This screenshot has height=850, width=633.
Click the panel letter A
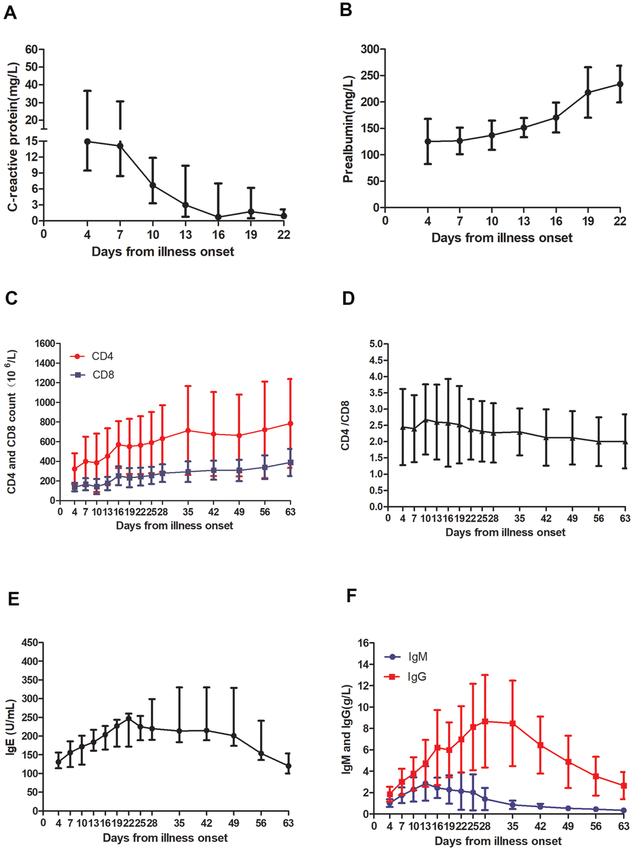point(10,12)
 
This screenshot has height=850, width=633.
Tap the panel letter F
point(351,596)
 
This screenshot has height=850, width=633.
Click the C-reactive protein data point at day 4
point(88,142)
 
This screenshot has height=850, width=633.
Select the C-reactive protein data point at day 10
point(153,186)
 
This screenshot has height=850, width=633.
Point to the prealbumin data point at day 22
point(619,84)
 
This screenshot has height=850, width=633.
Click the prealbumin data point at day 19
point(588,93)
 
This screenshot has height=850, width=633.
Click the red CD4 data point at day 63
point(290,423)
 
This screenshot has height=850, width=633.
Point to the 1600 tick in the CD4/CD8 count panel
point(45,343)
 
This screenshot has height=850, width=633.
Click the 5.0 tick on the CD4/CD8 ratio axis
point(375,344)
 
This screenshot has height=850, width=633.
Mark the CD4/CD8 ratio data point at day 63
point(625,441)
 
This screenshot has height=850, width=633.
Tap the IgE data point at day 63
point(288,766)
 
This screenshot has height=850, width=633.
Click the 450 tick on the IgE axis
point(28,643)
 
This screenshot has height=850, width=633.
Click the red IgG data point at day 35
point(512,723)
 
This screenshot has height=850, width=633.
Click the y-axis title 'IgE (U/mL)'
point(11,727)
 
